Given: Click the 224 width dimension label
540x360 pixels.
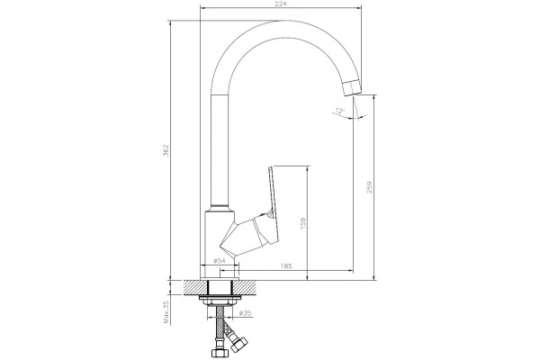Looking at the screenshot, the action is tap(282, 4).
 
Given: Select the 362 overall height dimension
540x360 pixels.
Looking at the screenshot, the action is tap(166, 150).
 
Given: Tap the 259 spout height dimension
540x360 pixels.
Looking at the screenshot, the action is tap(370, 187).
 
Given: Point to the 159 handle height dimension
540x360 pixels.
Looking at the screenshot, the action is tap(302, 223).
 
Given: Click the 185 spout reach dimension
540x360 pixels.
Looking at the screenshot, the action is tap(286, 265).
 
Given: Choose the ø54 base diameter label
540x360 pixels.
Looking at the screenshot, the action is tap(219, 260).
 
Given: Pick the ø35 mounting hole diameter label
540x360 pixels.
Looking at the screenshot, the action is tap(245, 313).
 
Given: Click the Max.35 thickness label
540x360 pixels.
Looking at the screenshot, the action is tap(167, 311).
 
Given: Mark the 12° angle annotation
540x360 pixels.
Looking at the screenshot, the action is tap(340, 111).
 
